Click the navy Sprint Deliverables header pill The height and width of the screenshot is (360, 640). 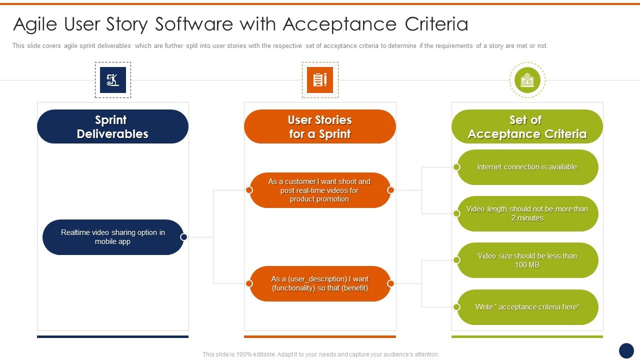click(112, 126)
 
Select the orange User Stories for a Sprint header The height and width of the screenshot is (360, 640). click(320, 126)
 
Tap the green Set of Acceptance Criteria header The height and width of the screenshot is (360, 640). click(527, 126)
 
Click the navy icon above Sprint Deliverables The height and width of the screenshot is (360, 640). click(113, 80)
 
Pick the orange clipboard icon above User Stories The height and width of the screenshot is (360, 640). click(320, 80)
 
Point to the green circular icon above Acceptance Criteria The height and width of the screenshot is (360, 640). click(527, 80)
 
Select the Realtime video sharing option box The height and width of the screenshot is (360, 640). click(113, 237)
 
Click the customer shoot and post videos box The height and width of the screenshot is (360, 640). click(320, 190)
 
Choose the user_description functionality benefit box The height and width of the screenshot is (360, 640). click(320, 283)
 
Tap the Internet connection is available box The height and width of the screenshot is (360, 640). click(527, 167)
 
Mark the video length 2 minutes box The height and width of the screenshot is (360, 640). click(527, 213)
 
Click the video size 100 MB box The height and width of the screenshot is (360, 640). click(527, 260)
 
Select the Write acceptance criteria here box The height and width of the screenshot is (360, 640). click(527, 307)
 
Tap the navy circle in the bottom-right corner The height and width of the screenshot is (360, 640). click(626, 350)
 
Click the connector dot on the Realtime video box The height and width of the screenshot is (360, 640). click(183, 237)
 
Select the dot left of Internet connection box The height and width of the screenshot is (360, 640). click(456, 167)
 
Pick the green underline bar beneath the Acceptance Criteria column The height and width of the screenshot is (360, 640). click(527, 336)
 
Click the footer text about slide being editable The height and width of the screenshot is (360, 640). click(320, 354)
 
